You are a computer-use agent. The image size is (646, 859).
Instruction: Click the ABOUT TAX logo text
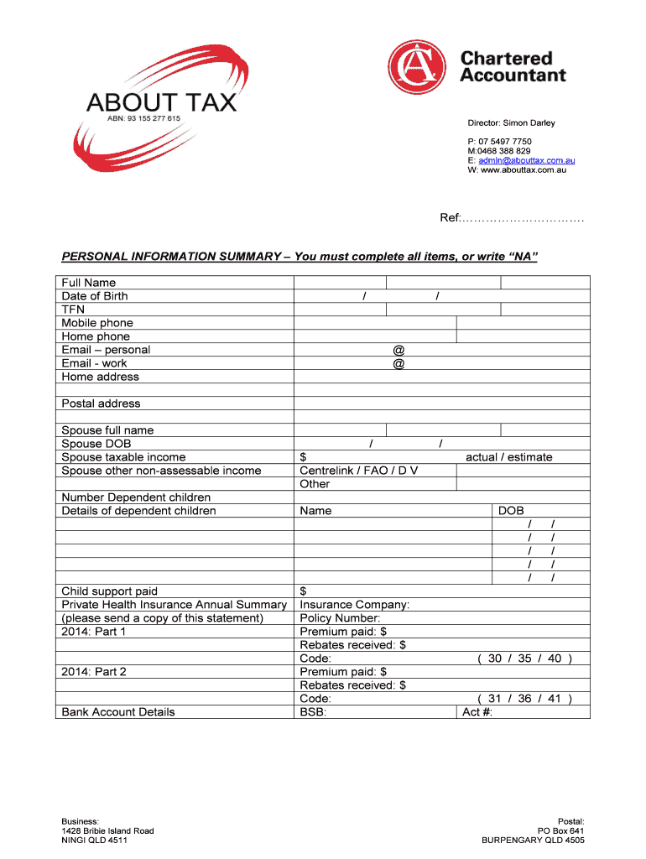pyautogui.click(x=161, y=102)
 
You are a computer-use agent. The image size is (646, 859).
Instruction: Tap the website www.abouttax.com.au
pyautogui.click(x=523, y=170)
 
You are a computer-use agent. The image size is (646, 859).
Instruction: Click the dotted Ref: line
pyautogui.click(x=513, y=218)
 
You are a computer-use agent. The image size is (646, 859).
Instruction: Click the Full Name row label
pyautogui.click(x=89, y=283)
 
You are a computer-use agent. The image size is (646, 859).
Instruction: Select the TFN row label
pyautogui.click(x=73, y=310)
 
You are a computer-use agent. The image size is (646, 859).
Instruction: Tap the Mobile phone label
pyautogui.click(x=97, y=323)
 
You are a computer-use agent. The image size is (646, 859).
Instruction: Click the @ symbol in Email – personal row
pyautogui.click(x=399, y=350)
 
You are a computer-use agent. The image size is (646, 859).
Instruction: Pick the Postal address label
pyautogui.click(x=101, y=403)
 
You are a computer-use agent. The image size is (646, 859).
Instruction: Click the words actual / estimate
pyautogui.click(x=509, y=457)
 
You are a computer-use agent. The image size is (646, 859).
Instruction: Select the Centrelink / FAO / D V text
pyautogui.click(x=359, y=471)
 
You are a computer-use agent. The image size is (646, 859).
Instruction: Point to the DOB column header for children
pyautogui.click(x=511, y=511)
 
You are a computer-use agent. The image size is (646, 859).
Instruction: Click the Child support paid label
pyautogui.click(x=110, y=591)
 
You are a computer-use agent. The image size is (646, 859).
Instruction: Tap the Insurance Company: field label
pyautogui.click(x=355, y=605)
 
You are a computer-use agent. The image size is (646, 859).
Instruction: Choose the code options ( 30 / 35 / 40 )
pyautogui.click(x=524, y=659)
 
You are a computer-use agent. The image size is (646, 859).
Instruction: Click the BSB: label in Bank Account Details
pyautogui.click(x=313, y=712)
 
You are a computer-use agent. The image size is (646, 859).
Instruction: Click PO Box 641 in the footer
pyautogui.click(x=560, y=830)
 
